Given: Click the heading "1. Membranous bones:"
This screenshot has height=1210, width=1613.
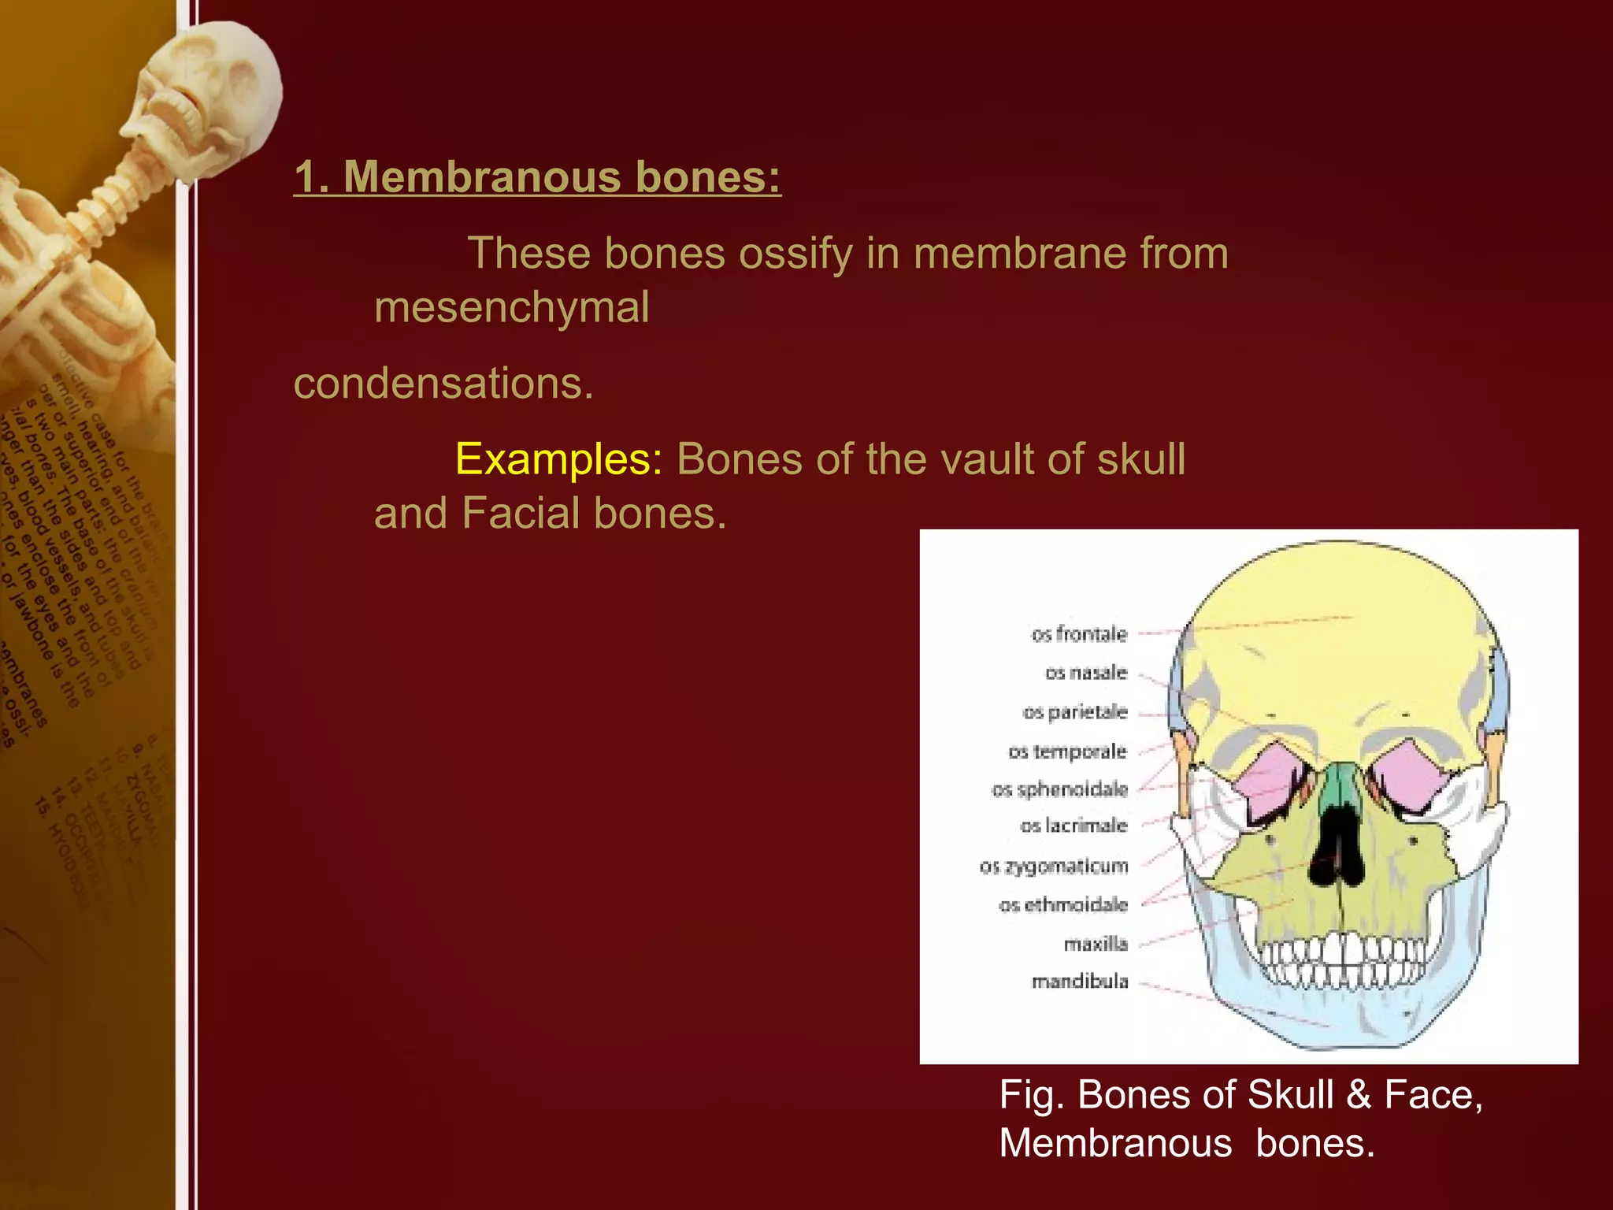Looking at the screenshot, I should pyautogui.click(x=537, y=176).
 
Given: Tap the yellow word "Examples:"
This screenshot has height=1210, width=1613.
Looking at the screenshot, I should pyautogui.click(x=558, y=459).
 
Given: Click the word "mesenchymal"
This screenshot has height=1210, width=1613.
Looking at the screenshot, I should pyautogui.click(x=512, y=307).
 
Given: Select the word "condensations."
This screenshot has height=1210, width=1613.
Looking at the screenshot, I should pyautogui.click(x=443, y=384).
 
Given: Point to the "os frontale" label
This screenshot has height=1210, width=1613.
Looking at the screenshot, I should pyautogui.click(x=1079, y=634).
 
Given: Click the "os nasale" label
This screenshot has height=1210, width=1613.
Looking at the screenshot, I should pyautogui.click(x=1086, y=673).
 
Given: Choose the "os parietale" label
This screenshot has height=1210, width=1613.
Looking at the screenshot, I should pyautogui.click(x=1075, y=712).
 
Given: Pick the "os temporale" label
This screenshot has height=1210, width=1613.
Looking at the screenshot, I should pyautogui.click(x=1067, y=752).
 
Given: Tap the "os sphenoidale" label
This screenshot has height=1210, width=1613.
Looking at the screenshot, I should pyautogui.click(x=1059, y=789).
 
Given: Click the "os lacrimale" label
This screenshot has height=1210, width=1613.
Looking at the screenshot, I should pyautogui.click(x=1073, y=826).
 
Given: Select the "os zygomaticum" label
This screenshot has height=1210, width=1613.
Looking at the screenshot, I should pyautogui.click(x=1054, y=867).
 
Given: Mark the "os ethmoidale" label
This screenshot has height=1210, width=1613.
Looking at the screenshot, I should pyautogui.click(x=1063, y=905).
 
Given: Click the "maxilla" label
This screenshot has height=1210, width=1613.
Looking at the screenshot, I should pyautogui.click(x=1096, y=944).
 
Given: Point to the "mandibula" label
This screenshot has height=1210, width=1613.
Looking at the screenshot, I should pyautogui.click(x=1080, y=982).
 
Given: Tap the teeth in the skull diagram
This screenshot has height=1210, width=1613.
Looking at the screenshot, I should pyautogui.click(x=1343, y=961).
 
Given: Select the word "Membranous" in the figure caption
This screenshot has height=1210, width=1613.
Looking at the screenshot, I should pyautogui.click(x=1115, y=1143).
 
